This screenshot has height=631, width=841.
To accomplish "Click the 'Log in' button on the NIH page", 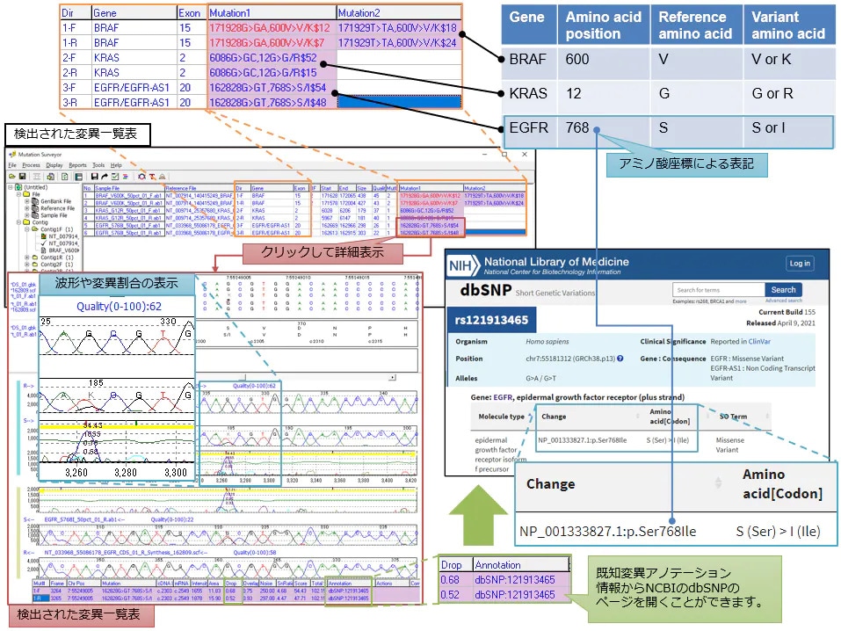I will (x=800, y=264).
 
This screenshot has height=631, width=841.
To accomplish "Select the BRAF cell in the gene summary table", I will (x=527, y=60).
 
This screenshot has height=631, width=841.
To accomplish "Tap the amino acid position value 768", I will (x=577, y=128).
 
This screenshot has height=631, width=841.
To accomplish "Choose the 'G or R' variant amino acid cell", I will (x=774, y=93).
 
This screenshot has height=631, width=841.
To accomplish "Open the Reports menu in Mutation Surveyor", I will (x=77, y=165).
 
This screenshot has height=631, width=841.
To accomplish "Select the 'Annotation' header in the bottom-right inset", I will (x=498, y=565).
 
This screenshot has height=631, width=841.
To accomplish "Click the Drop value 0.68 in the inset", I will (x=450, y=580).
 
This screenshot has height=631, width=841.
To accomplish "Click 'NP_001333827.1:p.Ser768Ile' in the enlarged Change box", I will (x=607, y=531).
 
